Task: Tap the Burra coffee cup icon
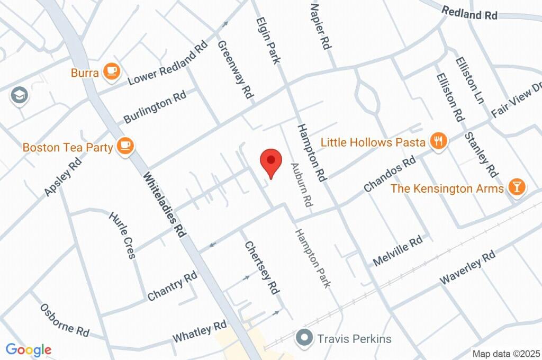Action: click(111, 71)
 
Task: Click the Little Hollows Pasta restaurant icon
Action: click(438, 141)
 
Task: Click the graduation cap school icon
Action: click(20, 96)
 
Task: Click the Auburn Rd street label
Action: click(301, 185)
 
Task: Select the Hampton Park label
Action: click(313, 258)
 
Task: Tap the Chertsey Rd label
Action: click(261, 267)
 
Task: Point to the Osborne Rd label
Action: click(65, 320)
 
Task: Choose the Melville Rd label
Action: click(398, 251)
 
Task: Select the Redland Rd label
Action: click(469, 13)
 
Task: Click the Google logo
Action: click(29, 349)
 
